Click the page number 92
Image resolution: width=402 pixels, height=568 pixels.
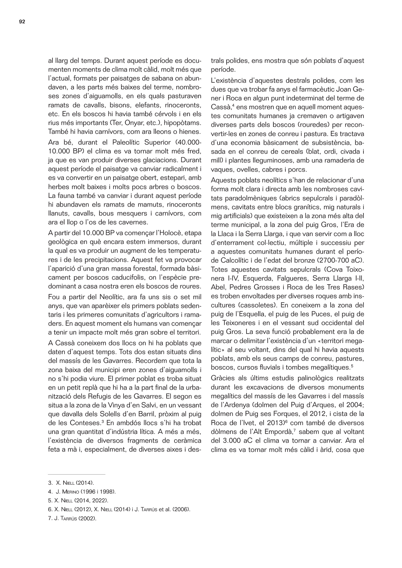(22, 22)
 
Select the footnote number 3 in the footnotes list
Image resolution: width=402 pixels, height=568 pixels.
(50, 483)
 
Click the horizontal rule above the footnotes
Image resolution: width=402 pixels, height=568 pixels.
(76, 474)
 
